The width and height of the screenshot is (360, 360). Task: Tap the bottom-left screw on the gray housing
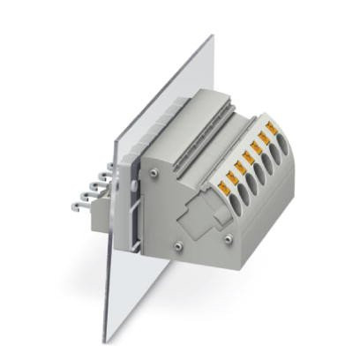(x=178, y=245)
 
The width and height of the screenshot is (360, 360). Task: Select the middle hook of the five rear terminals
(x=93, y=190)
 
